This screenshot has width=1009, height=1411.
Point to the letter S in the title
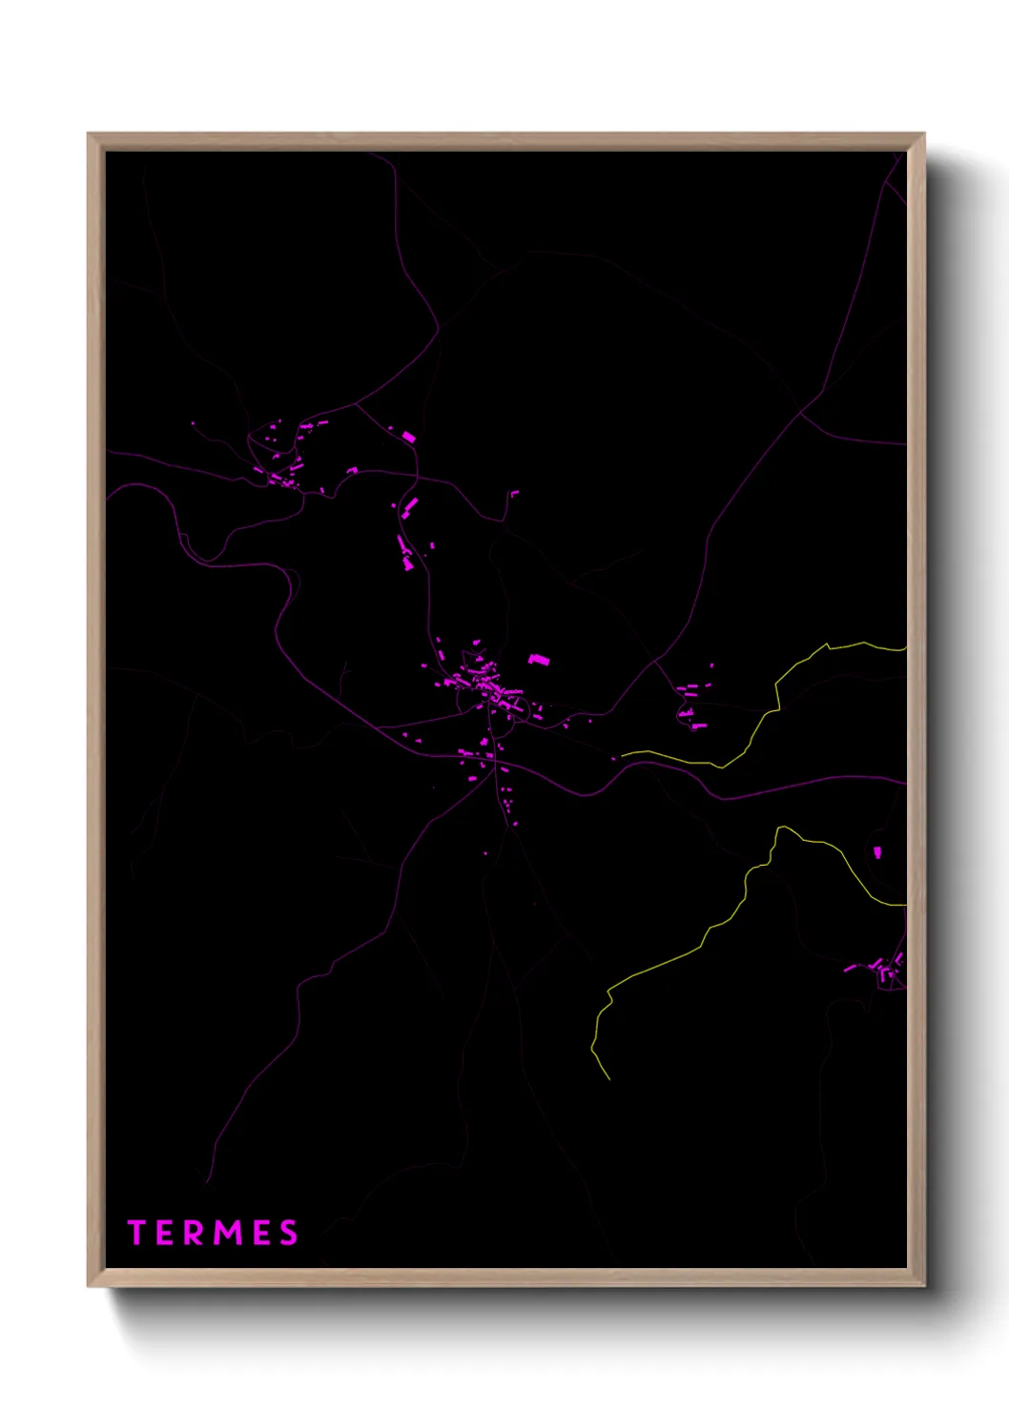[x=288, y=1233]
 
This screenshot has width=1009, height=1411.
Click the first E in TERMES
[x=165, y=1233]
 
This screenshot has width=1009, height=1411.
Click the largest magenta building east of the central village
[x=540, y=659]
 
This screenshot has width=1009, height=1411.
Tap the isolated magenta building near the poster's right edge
[x=877, y=851]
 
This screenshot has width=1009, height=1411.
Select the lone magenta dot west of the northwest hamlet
[x=193, y=423]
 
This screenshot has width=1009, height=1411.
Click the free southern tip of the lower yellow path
[x=608, y=1079]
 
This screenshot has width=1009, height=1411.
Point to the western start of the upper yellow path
[x=623, y=754]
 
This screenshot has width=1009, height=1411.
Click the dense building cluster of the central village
[x=486, y=685]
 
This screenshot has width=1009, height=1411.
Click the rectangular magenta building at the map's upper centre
[x=409, y=437]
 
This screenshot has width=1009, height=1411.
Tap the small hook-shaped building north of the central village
[x=514, y=494]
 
